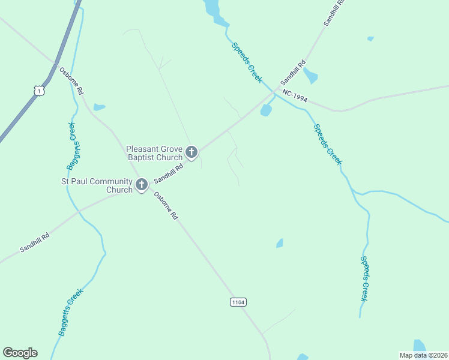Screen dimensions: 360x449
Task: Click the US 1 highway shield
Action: point(39,90)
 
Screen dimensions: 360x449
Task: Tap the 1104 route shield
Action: point(238,302)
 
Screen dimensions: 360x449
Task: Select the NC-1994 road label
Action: point(295,97)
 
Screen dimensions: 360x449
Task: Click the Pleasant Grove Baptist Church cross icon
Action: point(191,152)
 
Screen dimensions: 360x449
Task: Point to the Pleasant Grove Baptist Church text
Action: point(154,153)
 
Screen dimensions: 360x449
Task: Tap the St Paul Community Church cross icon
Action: point(142,185)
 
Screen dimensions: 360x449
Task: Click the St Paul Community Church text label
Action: point(97,185)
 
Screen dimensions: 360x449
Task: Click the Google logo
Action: point(20,353)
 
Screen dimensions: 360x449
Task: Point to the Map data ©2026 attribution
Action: point(423,355)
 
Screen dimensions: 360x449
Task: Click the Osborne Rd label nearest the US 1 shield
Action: point(71,82)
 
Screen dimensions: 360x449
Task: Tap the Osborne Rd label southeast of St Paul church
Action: point(167,206)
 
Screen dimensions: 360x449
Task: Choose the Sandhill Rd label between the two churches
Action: point(168,172)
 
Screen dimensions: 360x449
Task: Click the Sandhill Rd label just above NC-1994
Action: point(294,72)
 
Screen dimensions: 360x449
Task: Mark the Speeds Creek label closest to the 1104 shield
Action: point(366,278)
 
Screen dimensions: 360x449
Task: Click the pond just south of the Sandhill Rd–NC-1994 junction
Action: point(266,111)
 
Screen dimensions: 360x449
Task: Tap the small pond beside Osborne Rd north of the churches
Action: point(99,107)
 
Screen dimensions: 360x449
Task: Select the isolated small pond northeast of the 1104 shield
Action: point(280,243)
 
